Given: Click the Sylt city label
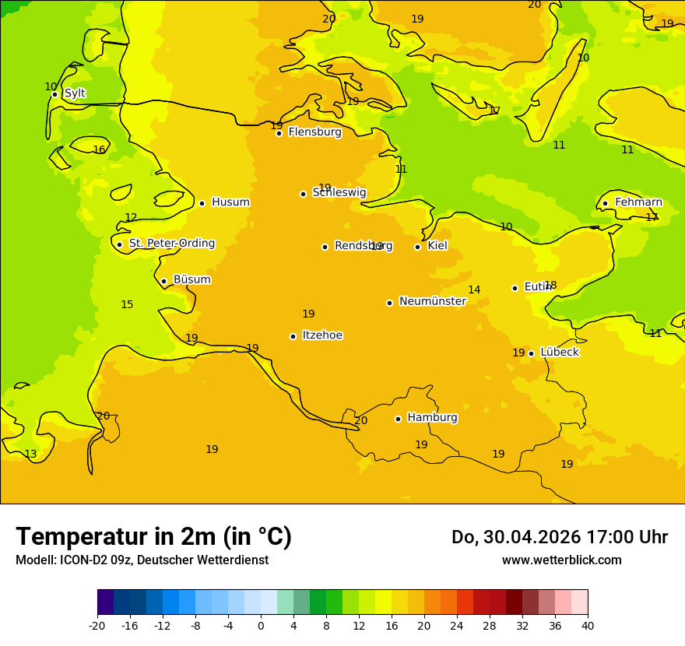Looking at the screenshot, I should pyautogui.click(x=75, y=93).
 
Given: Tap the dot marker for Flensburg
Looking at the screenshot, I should pyautogui.click(x=279, y=133).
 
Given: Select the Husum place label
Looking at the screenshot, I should pyautogui.click(x=230, y=202).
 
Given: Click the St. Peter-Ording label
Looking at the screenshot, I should pyautogui.click(x=172, y=244).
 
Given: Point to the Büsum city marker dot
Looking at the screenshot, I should pyautogui.click(x=163, y=281).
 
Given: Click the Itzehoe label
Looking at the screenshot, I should pyautogui.click(x=322, y=335).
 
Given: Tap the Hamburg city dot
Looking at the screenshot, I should pyautogui.click(x=398, y=419).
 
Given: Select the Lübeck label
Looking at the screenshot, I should pyautogui.click(x=559, y=353).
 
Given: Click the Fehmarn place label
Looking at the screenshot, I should pyautogui.click(x=638, y=202).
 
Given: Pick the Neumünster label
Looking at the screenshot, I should pyautogui.click(x=432, y=301).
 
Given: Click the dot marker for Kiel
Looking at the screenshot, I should pyautogui.click(x=417, y=247).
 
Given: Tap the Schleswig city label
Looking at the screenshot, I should pyautogui.click(x=339, y=192).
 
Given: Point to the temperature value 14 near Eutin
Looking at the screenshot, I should pyautogui.click(x=474, y=290).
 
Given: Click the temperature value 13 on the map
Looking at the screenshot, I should pyautogui.click(x=30, y=455).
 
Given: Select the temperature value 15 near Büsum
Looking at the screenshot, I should pyautogui.click(x=127, y=305).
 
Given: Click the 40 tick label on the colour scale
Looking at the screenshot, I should pyautogui.click(x=588, y=625).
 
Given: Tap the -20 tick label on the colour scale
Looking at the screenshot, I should pyautogui.click(x=97, y=625).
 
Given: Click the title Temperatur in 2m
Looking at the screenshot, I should pyautogui.click(x=153, y=537).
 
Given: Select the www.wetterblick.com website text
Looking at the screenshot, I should pyautogui.click(x=561, y=560).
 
